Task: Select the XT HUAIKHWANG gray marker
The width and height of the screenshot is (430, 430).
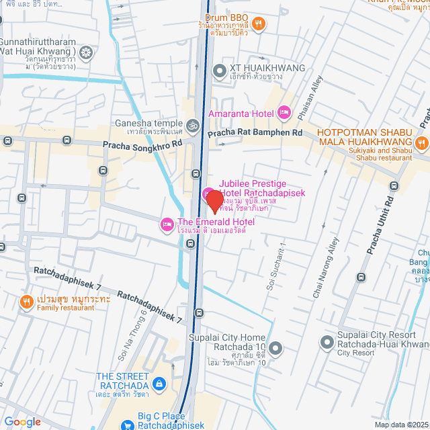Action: (x=219, y=70)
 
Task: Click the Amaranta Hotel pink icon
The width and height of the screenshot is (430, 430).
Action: (x=283, y=112)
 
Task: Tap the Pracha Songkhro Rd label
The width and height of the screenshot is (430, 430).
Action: (x=142, y=144)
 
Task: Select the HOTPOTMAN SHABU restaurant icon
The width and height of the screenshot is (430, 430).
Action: (x=421, y=142)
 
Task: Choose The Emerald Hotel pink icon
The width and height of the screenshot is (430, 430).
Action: (x=165, y=224)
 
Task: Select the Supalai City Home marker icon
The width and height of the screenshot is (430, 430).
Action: (x=276, y=347)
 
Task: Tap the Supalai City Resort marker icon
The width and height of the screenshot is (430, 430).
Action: (x=327, y=343)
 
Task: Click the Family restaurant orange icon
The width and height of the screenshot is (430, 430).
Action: (x=26, y=300)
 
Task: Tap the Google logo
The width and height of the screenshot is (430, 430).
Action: (x=22, y=421)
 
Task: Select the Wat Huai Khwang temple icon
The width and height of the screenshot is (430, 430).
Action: (x=86, y=52)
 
